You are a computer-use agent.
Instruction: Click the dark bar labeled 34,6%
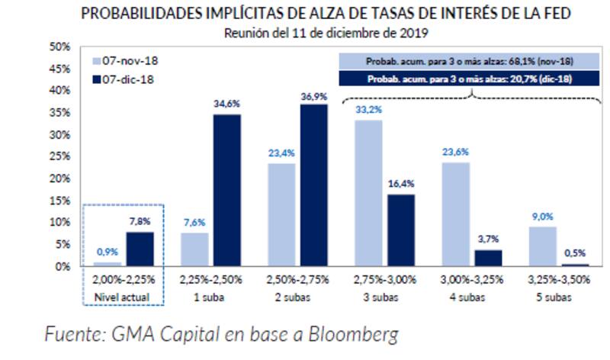point(226,190)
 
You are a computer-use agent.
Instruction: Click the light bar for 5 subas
point(541,246)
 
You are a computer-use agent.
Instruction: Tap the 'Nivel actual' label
point(124,296)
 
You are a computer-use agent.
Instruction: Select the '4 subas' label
point(471,296)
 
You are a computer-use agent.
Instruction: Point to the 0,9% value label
point(107,252)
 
